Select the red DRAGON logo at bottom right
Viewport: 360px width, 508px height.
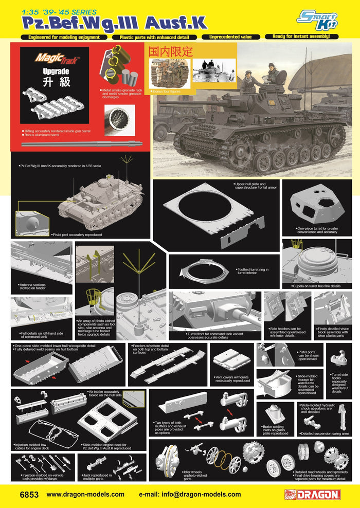pyautogui.click(x=312, y=495)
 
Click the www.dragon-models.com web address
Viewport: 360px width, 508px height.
pyautogui.click(x=85, y=495)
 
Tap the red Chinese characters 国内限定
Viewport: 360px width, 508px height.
pyautogui.click(x=170, y=51)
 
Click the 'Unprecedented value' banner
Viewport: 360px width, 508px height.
pyautogui.click(x=231, y=37)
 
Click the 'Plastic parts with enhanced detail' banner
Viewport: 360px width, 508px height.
pyautogui.click(x=154, y=37)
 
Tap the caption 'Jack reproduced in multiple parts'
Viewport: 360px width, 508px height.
pyautogui.click(x=101, y=478)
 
